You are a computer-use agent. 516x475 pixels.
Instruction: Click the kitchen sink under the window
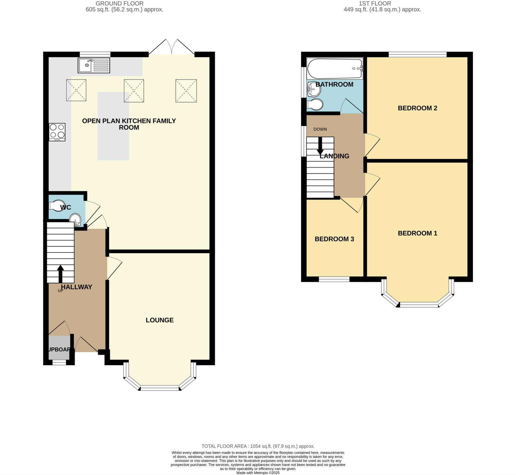pyautogui.click(x=94, y=65)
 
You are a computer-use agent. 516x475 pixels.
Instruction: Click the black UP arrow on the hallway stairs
pyautogui.click(x=60, y=273)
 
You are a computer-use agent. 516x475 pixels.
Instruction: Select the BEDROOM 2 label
pyautogui.click(x=417, y=108)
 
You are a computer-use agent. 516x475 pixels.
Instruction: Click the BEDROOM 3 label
pyautogui.click(x=334, y=239)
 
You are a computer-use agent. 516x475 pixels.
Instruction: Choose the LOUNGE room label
pyautogui.click(x=159, y=320)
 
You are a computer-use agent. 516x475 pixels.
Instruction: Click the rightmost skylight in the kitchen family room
pyautogui.click(x=186, y=91)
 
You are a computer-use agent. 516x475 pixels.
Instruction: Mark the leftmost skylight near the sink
pyautogui.click(x=76, y=90)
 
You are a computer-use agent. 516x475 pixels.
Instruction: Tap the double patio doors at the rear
pyautogui.click(x=171, y=48)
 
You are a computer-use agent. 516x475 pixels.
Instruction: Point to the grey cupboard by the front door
pyautogui.click(x=59, y=347)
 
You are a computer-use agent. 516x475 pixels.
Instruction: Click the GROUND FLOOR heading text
pyautogui.click(x=119, y=4)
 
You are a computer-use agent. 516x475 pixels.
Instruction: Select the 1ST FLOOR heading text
pyautogui.click(x=375, y=4)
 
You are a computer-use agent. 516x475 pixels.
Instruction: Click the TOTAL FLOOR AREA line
pyautogui.click(x=258, y=446)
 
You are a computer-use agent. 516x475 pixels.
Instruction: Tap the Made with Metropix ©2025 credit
pyautogui.click(x=258, y=473)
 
